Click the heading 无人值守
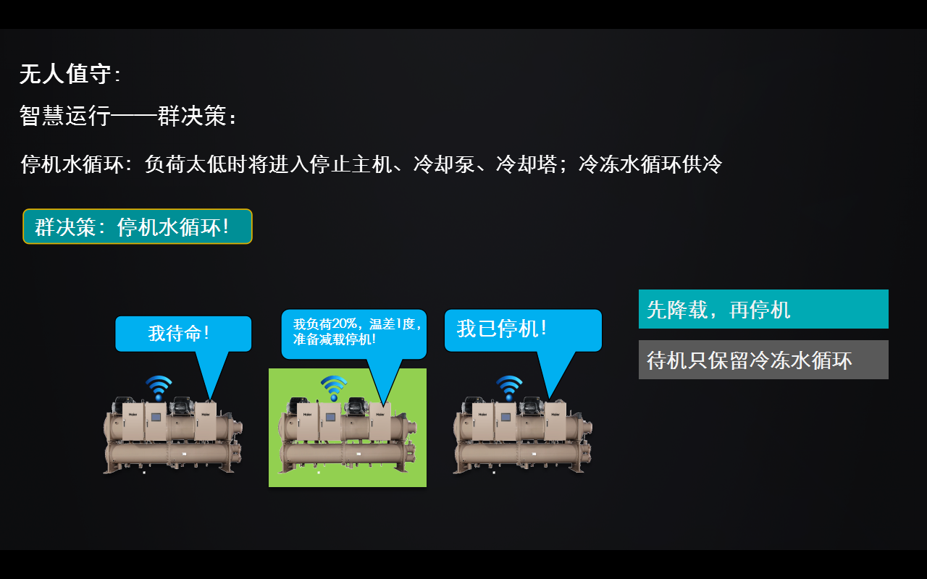pos(66,74)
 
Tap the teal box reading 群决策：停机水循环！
pos(138,227)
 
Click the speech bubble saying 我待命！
pos(183,334)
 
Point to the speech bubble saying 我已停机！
pos(522,330)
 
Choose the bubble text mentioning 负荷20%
pos(354,331)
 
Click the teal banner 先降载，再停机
pos(763,309)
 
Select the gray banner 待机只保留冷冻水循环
pos(763,360)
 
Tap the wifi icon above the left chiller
pos(159,387)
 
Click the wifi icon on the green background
pos(334,387)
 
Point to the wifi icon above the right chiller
pos(509,387)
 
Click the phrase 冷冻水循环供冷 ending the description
pos(650,164)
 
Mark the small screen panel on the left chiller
pos(155,418)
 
